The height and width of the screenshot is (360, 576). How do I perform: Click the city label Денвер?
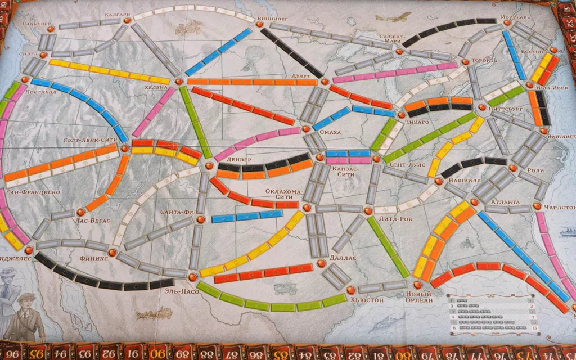click(238, 160)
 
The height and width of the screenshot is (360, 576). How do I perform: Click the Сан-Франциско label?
click(33, 192)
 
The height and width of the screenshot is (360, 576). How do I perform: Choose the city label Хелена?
click(156, 88)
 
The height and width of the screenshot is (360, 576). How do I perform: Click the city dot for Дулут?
click(324, 82)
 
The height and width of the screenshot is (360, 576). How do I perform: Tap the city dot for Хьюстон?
click(351, 290)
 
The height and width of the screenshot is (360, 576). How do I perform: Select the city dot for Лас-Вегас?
click(80, 212)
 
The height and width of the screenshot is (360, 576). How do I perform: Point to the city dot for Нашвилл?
click(438, 181)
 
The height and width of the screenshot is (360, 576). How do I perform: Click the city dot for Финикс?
click(112, 253)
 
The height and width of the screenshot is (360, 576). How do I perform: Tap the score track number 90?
click(159, 353)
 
